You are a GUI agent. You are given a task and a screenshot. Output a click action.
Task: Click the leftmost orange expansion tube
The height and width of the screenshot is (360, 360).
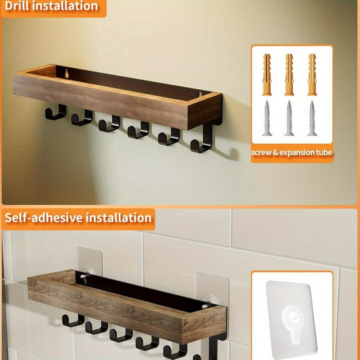tap(267, 75)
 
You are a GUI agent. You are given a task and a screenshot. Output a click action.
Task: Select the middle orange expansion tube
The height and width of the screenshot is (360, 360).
tap(289, 75)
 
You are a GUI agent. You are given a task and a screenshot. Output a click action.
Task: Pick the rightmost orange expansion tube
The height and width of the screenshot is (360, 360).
tap(312, 75)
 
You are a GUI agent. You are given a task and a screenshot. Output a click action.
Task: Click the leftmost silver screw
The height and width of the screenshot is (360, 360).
tap(267, 118)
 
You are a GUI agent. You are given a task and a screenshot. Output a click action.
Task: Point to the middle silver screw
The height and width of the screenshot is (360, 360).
tap(289, 118)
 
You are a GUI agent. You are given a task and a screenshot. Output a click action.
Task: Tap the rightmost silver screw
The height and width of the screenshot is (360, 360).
tap(312, 118)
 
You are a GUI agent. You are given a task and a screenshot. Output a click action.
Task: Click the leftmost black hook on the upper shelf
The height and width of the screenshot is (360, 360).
tap(55, 113)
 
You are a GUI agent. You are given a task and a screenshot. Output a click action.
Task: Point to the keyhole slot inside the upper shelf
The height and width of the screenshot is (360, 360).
tap(67, 73)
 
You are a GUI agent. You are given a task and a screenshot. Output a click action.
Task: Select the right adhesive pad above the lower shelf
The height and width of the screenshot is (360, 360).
tap(212, 287)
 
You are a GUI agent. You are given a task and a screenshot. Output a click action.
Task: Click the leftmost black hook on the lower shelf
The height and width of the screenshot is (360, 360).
tap(73, 320)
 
